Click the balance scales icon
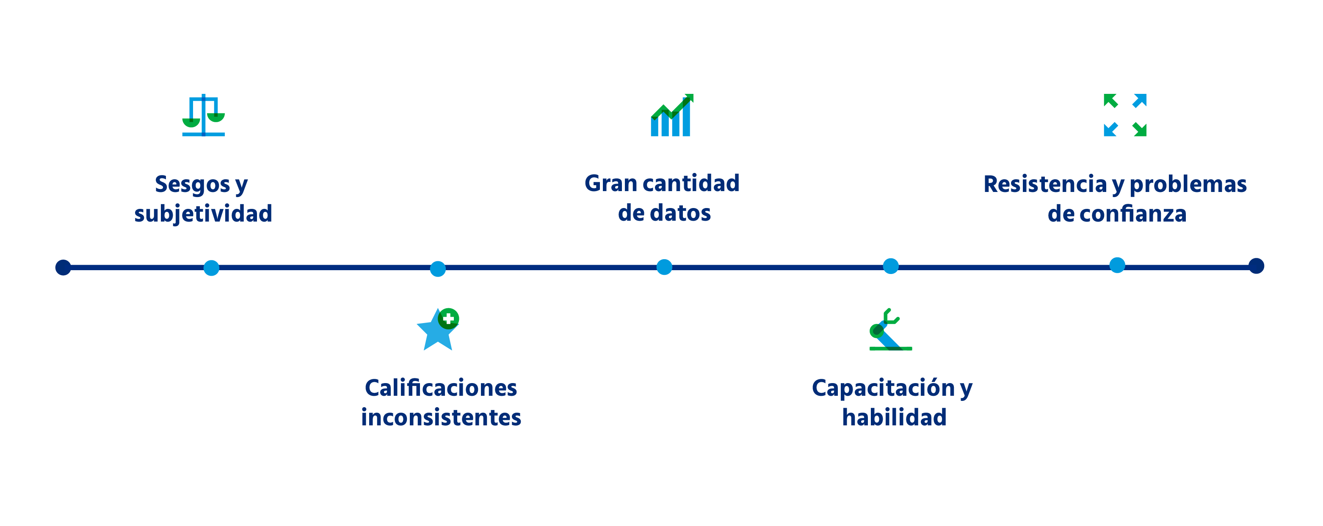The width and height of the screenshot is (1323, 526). (203, 115)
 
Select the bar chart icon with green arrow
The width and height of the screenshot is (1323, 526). (672, 115)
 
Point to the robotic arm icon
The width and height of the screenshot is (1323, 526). (890, 329)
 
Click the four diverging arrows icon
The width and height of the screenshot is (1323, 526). (1125, 115)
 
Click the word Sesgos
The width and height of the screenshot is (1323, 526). (193, 185)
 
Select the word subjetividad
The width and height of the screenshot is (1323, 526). (203, 214)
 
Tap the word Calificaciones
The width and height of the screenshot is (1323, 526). (441, 388)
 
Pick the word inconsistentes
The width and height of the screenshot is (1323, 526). (441, 417)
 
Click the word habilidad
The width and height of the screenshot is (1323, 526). (894, 417)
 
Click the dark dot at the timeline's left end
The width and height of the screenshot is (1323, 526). (63, 267)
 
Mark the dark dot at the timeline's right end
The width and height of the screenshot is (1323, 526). (1256, 266)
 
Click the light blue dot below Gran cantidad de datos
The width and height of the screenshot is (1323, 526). (664, 267)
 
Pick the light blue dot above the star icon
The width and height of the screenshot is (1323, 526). (438, 269)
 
